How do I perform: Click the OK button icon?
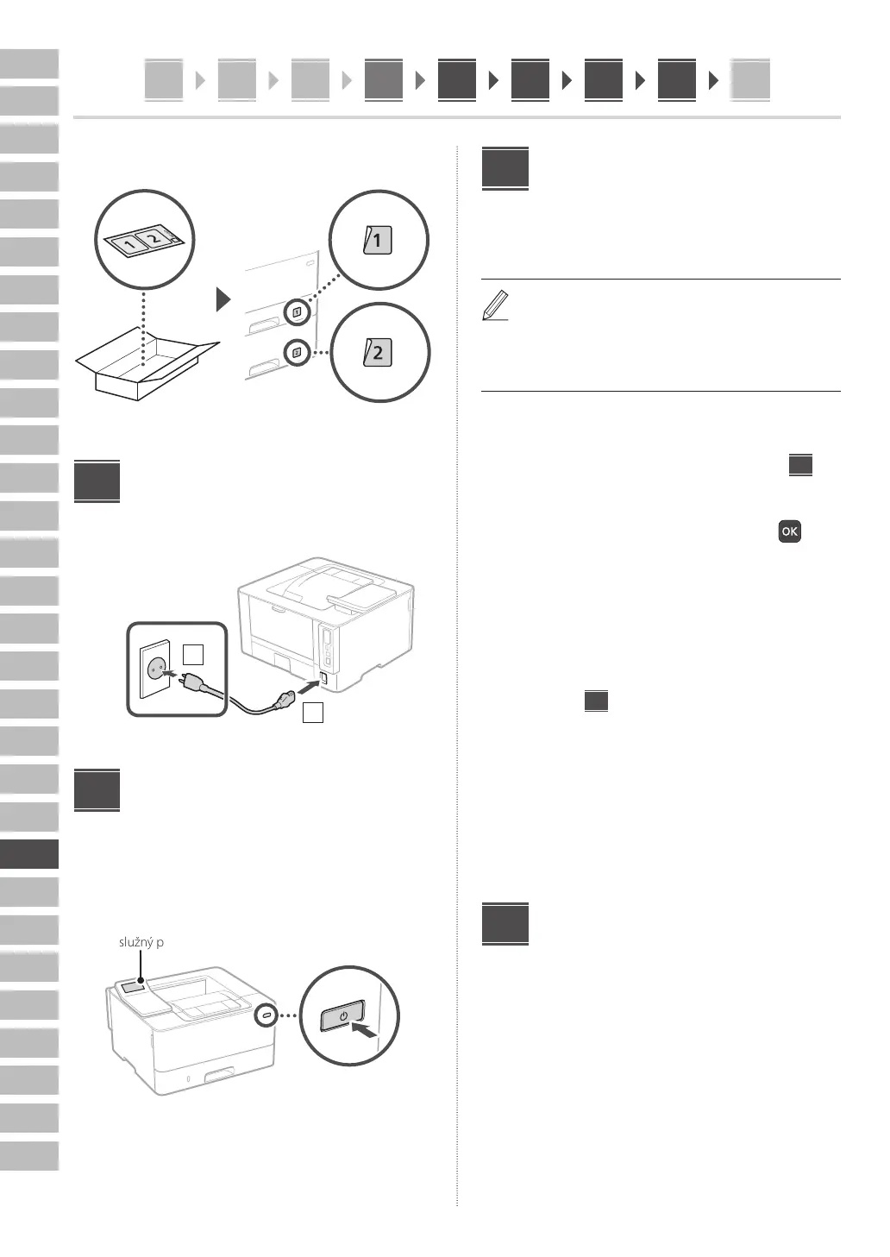pyautogui.click(x=789, y=531)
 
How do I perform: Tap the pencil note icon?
pyautogui.click(x=494, y=306)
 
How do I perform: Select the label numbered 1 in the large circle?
pyautogui.click(x=378, y=240)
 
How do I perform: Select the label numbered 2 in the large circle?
pyautogui.click(x=378, y=352)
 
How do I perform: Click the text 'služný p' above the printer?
pyautogui.click(x=141, y=942)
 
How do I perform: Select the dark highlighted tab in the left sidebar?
pyautogui.click(x=29, y=854)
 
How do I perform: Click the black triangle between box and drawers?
pyautogui.click(x=223, y=300)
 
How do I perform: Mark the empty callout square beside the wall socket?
pyautogui.click(x=194, y=654)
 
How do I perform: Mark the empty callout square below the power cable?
pyautogui.click(x=313, y=713)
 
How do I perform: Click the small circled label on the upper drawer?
pyautogui.click(x=297, y=312)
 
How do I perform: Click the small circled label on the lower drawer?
pyautogui.click(x=297, y=352)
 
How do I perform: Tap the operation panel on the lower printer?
pyautogui.click(x=134, y=987)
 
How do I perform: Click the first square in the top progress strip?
pyautogui.click(x=164, y=80)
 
